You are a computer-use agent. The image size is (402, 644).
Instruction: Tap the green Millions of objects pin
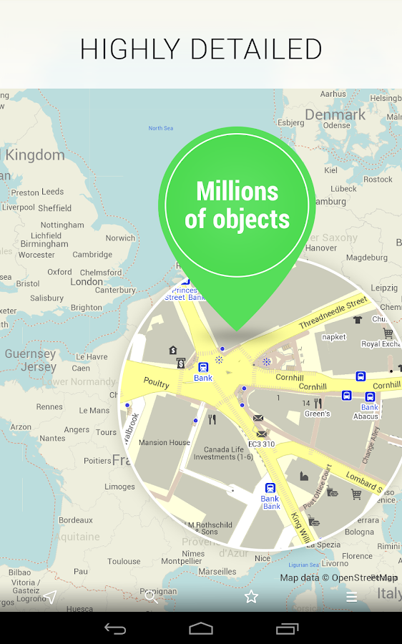pyautogui.click(x=237, y=205)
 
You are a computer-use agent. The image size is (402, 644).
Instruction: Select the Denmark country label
pyautogui.click(x=335, y=114)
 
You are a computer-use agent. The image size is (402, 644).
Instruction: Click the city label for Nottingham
pyautogui.click(x=62, y=225)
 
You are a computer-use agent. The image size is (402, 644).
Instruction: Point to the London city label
pyautogui.click(x=87, y=282)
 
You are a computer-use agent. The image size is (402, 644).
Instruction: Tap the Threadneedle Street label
pyautogui.click(x=332, y=313)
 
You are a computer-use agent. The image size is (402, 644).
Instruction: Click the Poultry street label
pyautogui.click(x=156, y=384)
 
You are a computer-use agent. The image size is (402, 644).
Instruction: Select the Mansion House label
pyautogui.click(x=165, y=443)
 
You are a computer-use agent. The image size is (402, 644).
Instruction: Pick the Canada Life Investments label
pyautogui.click(x=223, y=453)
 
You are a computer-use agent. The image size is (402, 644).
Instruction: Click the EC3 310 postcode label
pyautogui.click(x=261, y=444)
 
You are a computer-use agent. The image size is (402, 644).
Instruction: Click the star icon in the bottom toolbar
pyautogui.click(x=251, y=596)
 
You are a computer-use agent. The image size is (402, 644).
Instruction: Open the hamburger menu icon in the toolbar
pyautogui.click(x=351, y=596)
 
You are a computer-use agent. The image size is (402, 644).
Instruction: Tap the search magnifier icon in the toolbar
pyautogui.click(x=150, y=596)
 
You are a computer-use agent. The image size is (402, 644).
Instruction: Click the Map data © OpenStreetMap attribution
pyautogui.click(x=338, y=578)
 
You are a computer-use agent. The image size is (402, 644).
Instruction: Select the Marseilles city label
pyautogui.click(x=217, y=572)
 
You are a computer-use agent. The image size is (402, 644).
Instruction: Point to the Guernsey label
pyautogui.click(x=30, y=353)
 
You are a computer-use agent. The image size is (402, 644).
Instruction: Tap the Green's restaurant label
pyautogui.click(x=317, y=414)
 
